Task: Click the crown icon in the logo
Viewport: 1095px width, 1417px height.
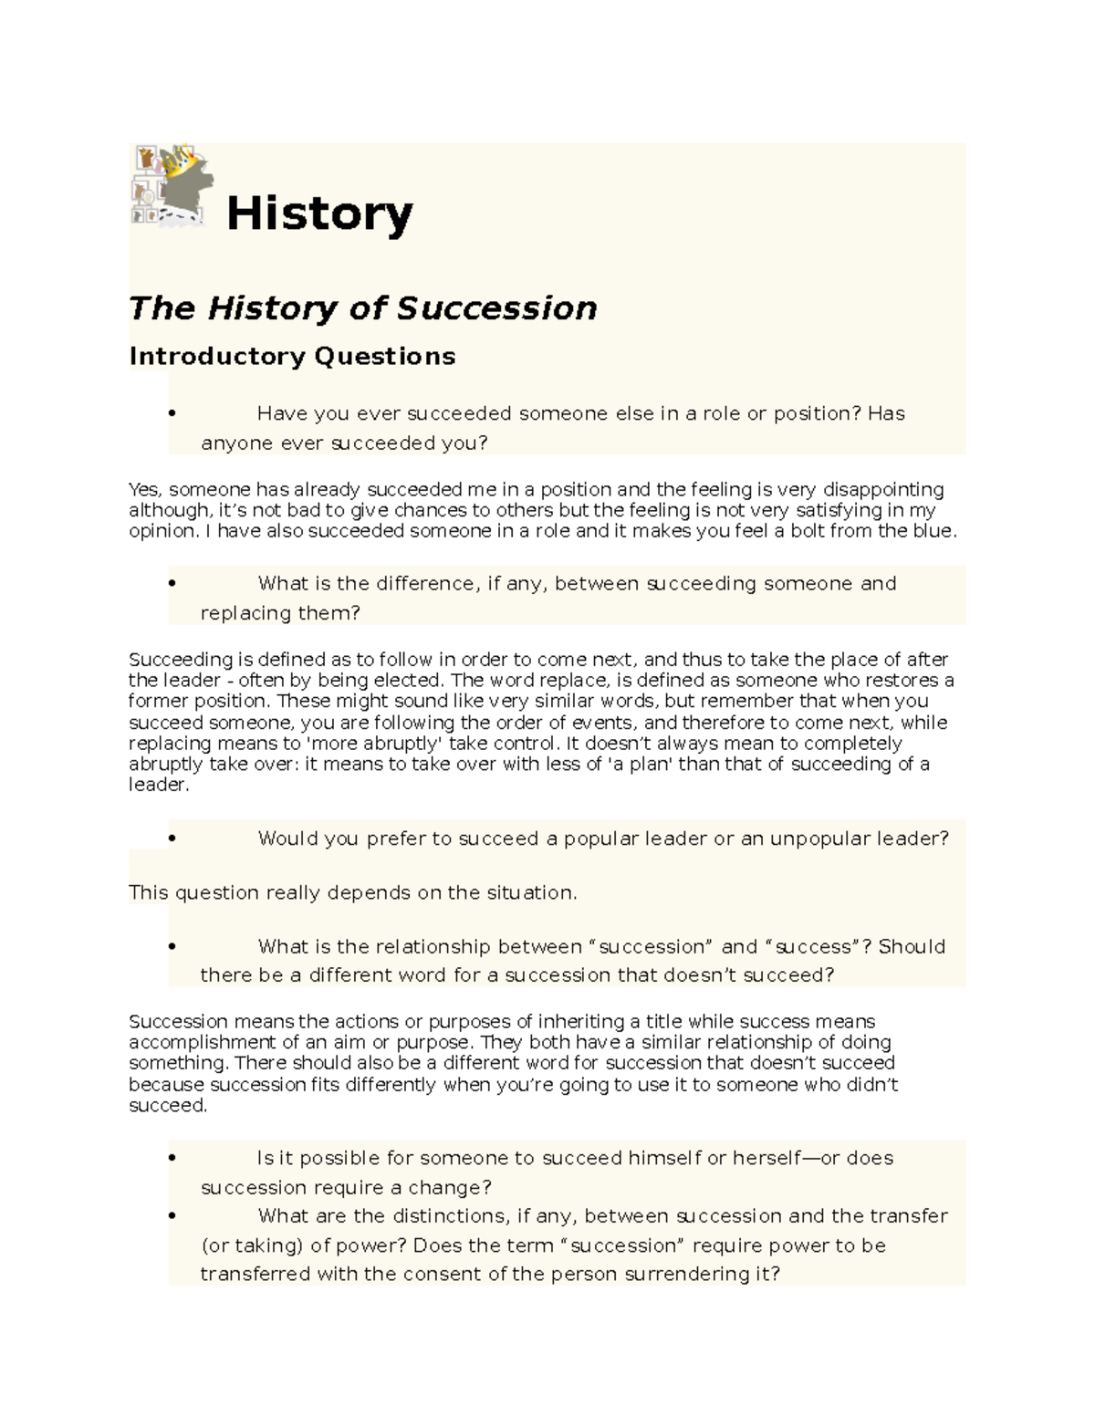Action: (188, 165)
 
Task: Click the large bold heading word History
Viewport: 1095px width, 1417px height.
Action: (319, 214)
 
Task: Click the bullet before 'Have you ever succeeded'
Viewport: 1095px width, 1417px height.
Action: (171, 413)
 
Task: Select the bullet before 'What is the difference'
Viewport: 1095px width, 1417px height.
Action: (171, 583)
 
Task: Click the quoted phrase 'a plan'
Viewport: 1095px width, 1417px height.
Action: (640, 765)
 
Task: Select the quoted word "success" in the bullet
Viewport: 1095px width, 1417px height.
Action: (811, 947)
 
